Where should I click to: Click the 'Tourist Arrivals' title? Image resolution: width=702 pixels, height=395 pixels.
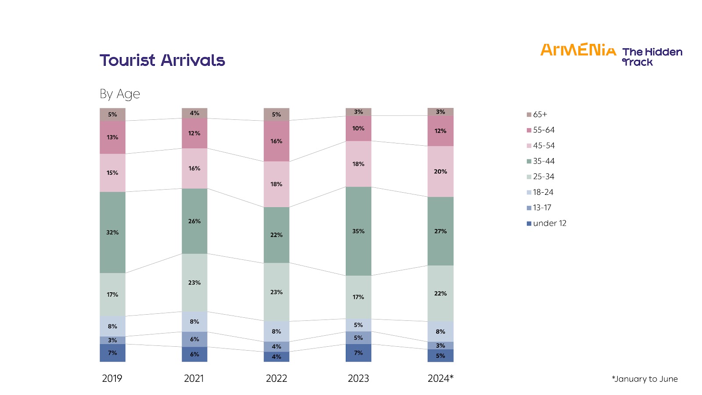point(162,60)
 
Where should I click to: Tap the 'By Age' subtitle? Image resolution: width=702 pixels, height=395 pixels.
point(119,94)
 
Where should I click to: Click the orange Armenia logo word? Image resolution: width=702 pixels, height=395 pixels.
point(578,50)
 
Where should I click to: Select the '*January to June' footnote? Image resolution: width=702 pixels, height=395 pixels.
point(645,379)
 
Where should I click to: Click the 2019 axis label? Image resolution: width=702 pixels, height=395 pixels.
point(112,378)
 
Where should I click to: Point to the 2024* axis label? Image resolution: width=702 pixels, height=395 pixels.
point(441,378)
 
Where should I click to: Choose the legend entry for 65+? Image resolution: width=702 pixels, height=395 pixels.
point(540,115)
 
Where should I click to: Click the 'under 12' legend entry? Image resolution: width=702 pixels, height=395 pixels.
point(549,223)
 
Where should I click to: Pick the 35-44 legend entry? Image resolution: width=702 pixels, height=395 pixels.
point(543,161)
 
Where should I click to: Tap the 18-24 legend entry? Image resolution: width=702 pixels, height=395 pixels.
point(543,192)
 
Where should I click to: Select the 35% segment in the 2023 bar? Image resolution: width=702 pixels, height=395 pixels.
point(358,231)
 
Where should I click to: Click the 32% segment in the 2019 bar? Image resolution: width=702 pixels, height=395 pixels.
point(112,233)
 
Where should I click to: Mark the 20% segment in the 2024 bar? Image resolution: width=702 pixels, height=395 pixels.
point(441,172)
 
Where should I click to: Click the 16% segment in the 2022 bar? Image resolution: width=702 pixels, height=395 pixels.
point(276,141)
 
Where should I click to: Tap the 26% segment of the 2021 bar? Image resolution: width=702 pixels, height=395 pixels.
point(194,221)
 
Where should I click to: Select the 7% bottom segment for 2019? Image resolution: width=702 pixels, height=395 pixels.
point(112,353)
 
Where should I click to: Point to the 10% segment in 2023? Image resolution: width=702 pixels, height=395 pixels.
point(358,129)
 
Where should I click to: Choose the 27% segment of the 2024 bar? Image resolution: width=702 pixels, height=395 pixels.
point(441,231)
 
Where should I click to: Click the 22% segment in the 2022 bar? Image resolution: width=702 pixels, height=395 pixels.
point(276,235)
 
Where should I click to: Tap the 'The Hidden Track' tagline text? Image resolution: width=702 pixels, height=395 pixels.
point(652,57)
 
